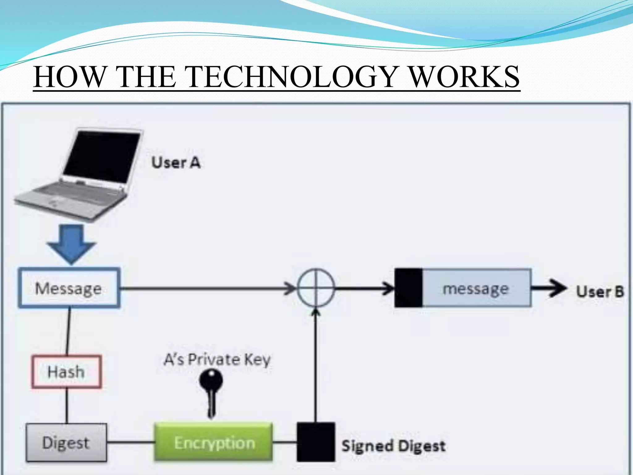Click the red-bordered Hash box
click(66, 371)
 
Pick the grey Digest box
click(66, 443)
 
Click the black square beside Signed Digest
click(316, 442)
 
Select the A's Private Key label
click(217, 359)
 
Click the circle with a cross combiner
click(316, 288)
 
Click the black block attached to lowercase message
click(409, 288)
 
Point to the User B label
click(600, 291)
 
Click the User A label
click(176, 163)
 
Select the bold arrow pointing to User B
click(549, 288)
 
